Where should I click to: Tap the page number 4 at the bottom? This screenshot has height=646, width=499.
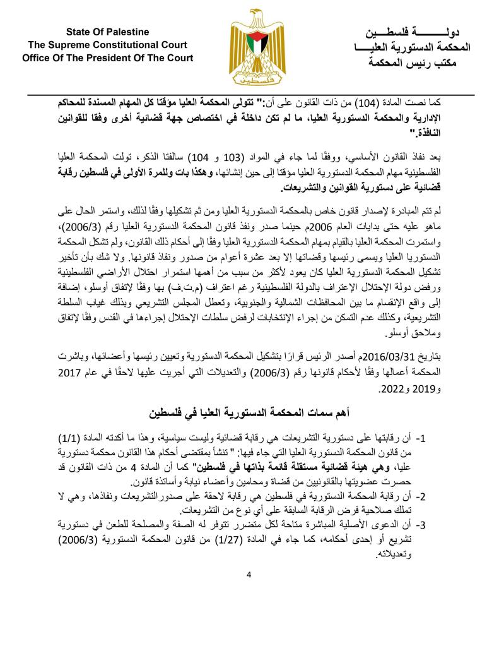pos(249,575)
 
